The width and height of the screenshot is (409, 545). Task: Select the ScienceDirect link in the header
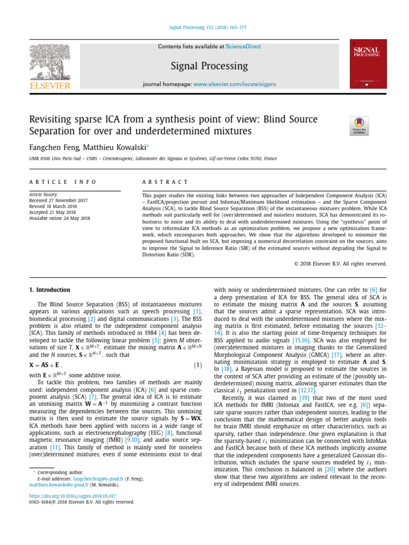pos(243,47)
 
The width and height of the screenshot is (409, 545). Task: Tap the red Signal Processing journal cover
pos(368,64)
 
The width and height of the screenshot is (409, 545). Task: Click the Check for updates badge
pos(359,126)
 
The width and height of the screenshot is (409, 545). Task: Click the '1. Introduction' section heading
pos(49,290)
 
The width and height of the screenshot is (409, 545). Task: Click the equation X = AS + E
pos(44,365)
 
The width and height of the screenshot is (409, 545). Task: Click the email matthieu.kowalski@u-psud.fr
pos(60,485)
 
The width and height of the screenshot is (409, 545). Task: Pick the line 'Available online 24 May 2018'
pos(60,218)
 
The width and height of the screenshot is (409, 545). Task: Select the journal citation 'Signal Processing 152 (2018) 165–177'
pos(204,28)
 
